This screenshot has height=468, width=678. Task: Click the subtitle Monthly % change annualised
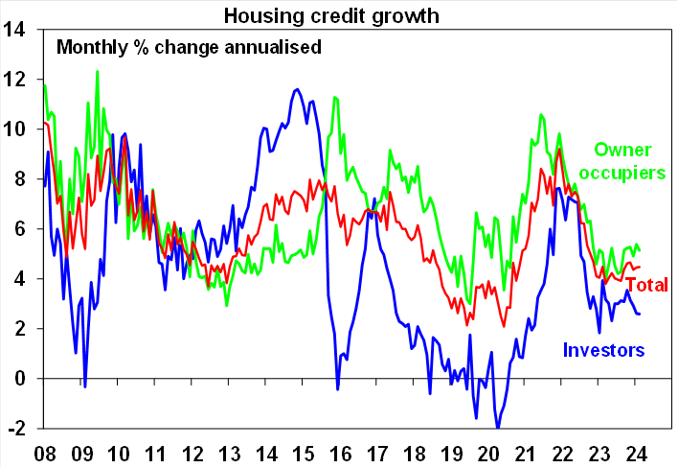[x=188, y=46]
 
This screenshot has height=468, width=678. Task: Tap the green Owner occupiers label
[x=629, y=161]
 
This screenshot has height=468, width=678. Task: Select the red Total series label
[x=646, y=285]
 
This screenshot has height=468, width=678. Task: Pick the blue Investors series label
[x=603, y=350]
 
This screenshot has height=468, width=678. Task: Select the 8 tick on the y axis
[x=20, y=178]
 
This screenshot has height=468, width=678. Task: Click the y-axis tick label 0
[x=20, y=378]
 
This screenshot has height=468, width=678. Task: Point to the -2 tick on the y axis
[x=16, y=428]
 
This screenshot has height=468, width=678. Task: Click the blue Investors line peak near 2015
[x=297, y=90]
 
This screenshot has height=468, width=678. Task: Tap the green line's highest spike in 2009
[x=97, y=71]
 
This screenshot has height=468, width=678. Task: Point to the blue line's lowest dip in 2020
[x=498, y=427]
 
